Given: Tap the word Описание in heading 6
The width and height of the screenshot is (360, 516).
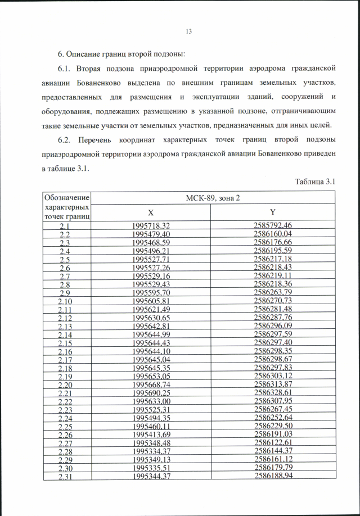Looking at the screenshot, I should click(x=84, y=54).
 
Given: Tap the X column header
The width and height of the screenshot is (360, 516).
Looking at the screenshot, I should click(x=151, y=212).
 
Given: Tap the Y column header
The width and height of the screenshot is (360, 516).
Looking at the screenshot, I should click(x=272, y=212).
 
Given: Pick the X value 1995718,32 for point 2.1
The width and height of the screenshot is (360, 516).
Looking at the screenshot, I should click(x=151, y=225).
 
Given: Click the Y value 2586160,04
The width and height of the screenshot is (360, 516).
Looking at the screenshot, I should click(x=273, y=234).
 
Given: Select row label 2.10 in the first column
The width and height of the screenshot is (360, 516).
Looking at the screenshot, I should click(x=66, y=301).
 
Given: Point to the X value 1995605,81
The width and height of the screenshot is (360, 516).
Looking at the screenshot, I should click(x=151, y=301).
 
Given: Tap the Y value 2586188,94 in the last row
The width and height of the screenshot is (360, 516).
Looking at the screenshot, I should click(x=273, y=477).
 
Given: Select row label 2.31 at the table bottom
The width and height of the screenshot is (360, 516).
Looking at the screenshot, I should click(x=66, y=477).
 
